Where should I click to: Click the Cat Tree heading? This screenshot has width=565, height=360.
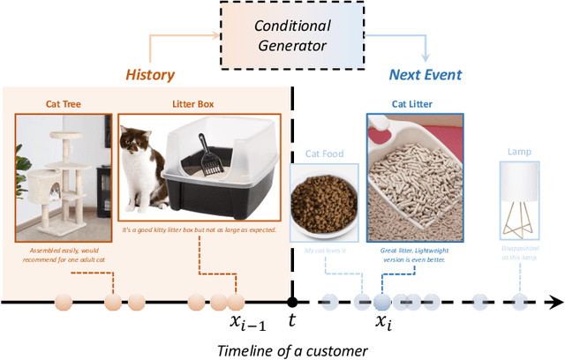64,103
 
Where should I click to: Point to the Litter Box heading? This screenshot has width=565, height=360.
199,103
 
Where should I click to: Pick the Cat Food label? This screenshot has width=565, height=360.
324,153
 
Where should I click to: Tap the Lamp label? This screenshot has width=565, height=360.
519,152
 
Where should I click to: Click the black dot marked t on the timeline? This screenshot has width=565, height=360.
293,302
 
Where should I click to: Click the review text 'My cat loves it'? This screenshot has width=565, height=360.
324,251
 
